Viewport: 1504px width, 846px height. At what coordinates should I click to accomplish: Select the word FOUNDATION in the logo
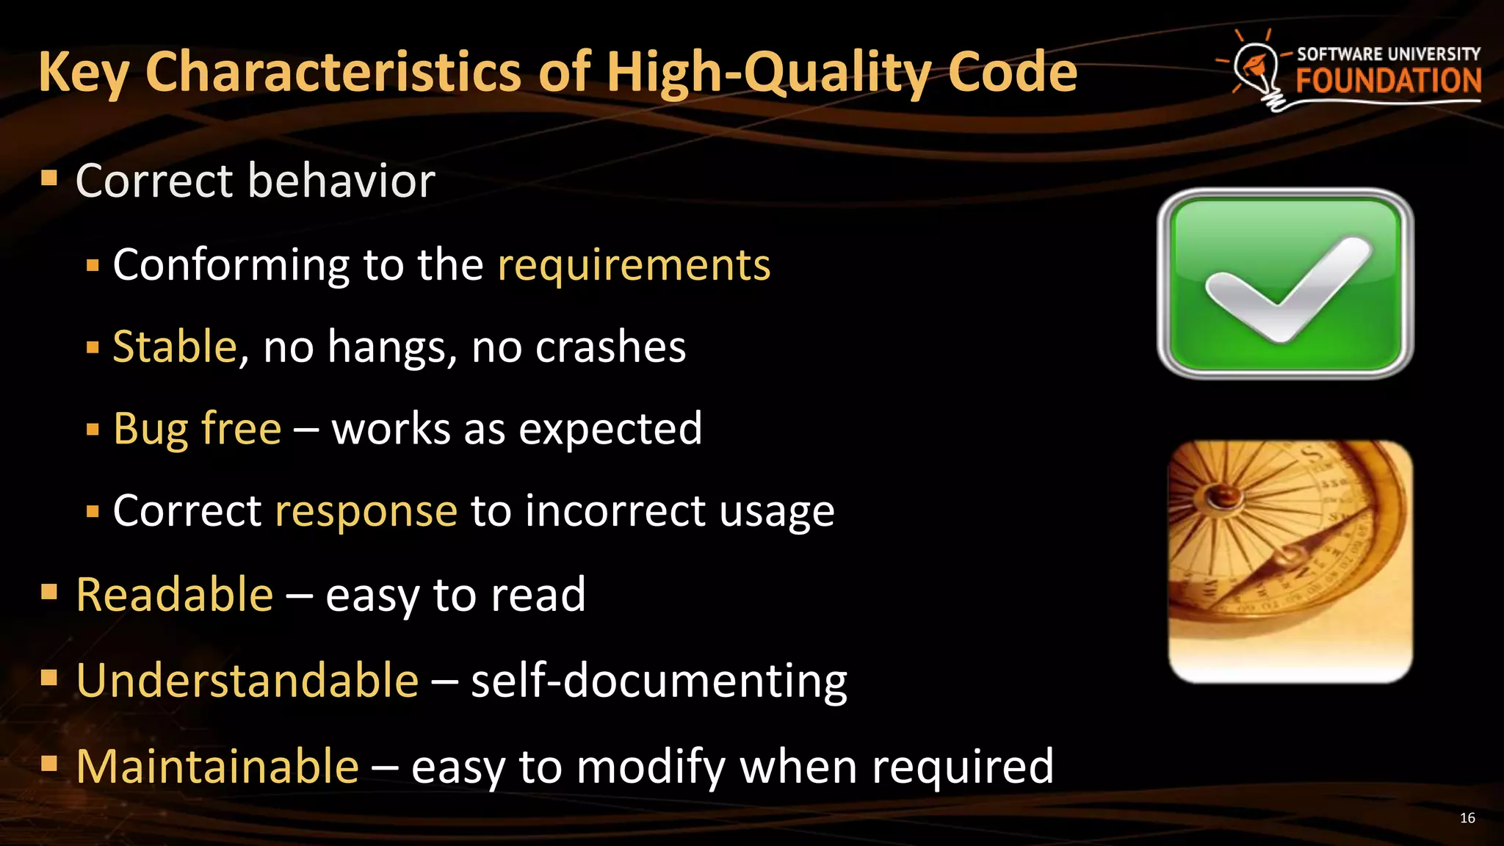point(1388,81)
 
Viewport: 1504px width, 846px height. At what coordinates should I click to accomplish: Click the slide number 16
point(1467,818)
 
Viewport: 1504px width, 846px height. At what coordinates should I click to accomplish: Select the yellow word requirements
point(634,264)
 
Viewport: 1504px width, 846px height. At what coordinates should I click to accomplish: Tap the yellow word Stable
point(175,347)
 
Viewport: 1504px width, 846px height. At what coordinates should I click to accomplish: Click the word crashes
point(610,347)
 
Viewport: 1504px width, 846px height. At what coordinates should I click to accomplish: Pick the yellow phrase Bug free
point(197,429)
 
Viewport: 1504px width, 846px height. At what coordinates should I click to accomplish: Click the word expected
point(610,429)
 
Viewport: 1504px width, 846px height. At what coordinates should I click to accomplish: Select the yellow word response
point(366,511)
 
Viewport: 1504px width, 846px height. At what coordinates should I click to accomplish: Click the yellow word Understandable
point(247,680)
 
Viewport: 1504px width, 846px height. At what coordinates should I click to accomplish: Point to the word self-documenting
point(659,680)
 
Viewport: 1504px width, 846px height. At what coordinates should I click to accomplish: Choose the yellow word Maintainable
point(217,766)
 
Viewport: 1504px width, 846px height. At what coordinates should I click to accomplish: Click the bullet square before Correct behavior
point(49,177)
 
